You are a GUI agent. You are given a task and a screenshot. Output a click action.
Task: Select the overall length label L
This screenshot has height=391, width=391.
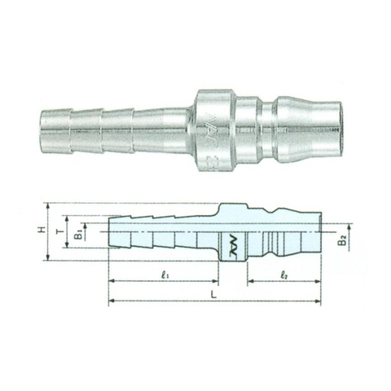[212, 295]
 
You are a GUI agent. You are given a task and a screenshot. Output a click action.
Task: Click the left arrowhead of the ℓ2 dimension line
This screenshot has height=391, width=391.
[249, 283]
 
